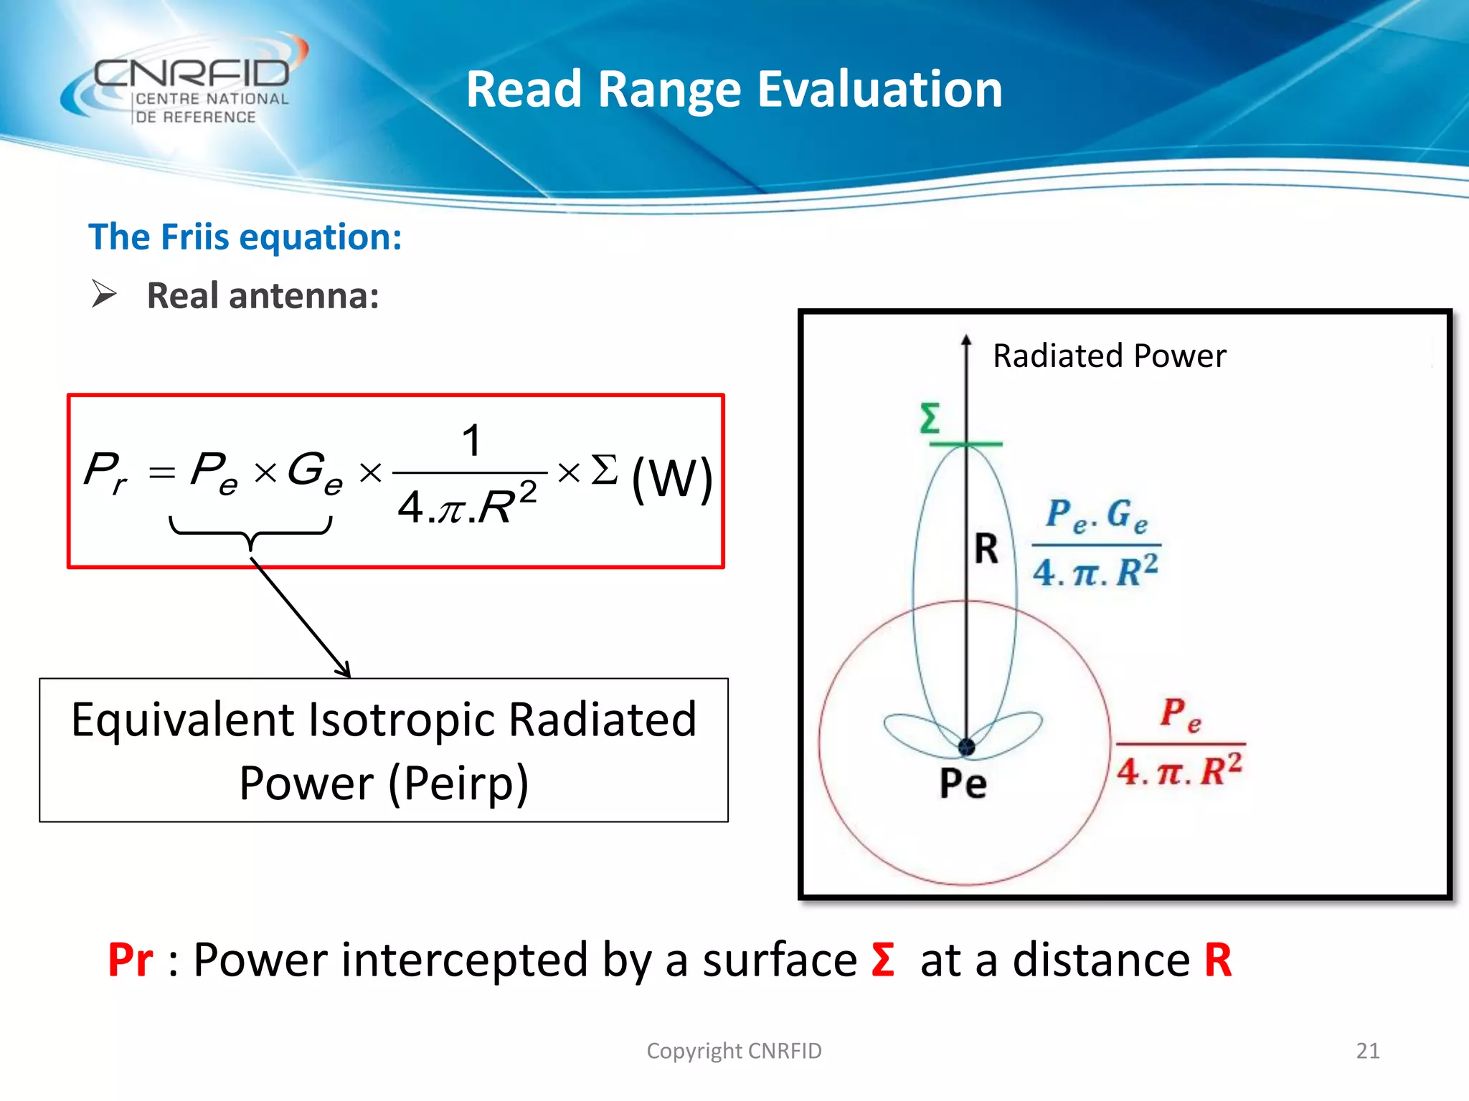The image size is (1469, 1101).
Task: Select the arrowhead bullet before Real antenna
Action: [x=104, y=295]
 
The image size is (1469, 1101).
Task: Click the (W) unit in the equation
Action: [x=671, y=478]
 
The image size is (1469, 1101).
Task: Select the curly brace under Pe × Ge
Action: [x=250, y=532]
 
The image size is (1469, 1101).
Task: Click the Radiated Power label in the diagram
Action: [x=1109, y=356]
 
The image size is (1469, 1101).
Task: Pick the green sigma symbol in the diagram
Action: [x=930, y=419]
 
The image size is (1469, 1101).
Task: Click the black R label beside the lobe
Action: [x=986, y=550]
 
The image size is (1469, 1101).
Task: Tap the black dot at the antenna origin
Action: [x=966, y=748]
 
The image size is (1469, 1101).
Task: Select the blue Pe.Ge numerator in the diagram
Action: [x=1096, y=515]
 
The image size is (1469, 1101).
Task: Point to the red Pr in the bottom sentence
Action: [x=130, y=961]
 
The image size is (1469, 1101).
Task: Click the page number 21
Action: [x=1367, y=1051]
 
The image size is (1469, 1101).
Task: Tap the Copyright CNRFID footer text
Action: [x=734, y=1051]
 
